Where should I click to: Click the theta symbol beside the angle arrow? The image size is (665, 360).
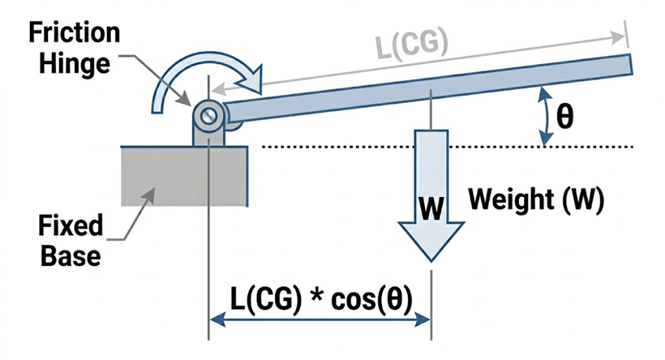[x=565, y=117]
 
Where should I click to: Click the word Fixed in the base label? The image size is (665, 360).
[x=71, y=225]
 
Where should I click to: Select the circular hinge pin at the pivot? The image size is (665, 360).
[x=209, y=114]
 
